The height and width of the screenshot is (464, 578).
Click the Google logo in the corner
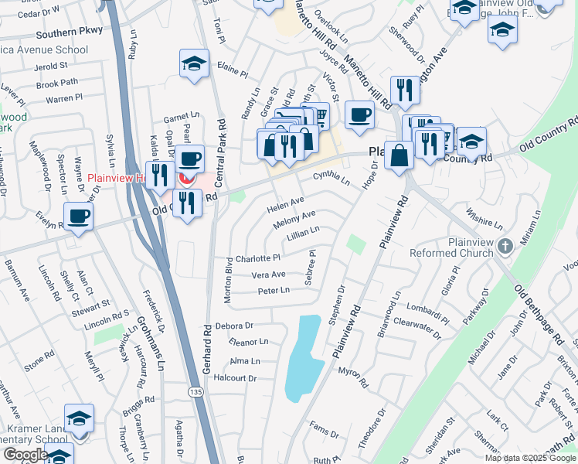point(25,455)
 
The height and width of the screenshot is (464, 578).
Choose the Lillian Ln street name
point(303,233)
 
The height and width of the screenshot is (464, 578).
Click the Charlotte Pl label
point(258,258)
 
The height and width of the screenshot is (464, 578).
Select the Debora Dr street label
point(235,326)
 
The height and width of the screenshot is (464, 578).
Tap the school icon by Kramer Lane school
point(79,418)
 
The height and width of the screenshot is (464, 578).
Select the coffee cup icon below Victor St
point(359,114)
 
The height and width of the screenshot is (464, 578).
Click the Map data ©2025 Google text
point(529,458)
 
